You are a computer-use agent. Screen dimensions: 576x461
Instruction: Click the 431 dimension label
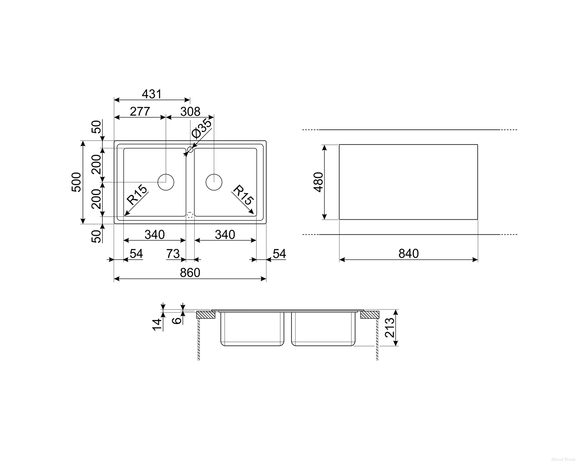[152, 94]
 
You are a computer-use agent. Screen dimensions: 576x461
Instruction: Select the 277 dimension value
[140, 111]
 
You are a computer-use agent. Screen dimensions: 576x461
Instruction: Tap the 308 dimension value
[190, 111]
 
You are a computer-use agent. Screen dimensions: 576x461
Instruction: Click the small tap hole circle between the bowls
[190, 149]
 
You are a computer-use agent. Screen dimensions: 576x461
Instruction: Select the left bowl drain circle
[166, 182]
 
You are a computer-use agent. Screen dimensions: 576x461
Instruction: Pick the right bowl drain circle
[214, 182]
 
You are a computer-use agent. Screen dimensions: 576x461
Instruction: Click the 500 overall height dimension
[76, 182]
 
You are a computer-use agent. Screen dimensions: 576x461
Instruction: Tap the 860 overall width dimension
[190, 272]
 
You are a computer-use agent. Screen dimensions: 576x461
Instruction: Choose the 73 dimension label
[173, 254]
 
